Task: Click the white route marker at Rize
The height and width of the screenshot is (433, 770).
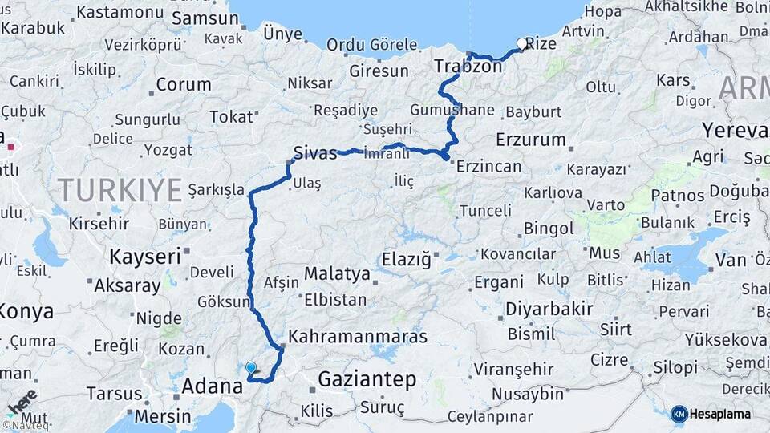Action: [522, 44]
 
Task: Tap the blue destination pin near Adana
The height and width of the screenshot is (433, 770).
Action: [251, 368]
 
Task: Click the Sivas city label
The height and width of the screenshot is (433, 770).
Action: [315, 152]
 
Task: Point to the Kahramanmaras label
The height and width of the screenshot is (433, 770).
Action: [358, 336]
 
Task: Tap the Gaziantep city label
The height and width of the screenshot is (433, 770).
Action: [367, 379]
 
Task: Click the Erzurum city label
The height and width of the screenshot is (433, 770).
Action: [531, 139]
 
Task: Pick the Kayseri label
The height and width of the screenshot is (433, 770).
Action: [145, 257]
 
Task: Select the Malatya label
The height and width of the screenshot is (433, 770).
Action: [337, 274]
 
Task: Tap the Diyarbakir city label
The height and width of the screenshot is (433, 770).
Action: [549, 309]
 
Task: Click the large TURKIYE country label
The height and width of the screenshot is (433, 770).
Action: [120, 190]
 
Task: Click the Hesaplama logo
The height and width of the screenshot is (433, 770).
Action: [711, 414]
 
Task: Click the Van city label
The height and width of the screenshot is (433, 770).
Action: [731, 259]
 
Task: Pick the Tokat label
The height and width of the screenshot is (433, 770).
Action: [231, 117]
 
